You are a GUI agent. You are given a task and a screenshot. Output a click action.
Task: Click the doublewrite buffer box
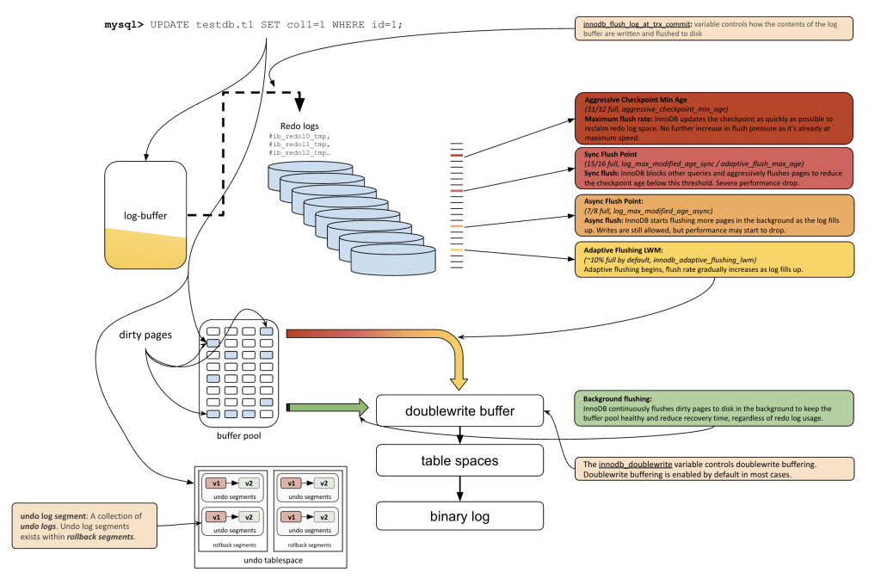tap(459, 411)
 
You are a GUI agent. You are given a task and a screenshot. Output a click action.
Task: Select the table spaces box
tap(459, 460)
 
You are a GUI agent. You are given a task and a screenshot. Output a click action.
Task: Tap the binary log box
tap(459, 516)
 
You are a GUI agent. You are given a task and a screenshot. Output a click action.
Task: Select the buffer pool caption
tap(239, 435)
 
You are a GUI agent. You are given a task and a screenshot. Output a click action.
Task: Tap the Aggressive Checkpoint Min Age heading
tap(631, 100)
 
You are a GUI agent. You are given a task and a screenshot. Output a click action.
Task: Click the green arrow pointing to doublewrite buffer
tap(331, 407)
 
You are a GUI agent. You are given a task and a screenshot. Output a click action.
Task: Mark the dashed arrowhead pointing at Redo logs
tap(300, 105)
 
